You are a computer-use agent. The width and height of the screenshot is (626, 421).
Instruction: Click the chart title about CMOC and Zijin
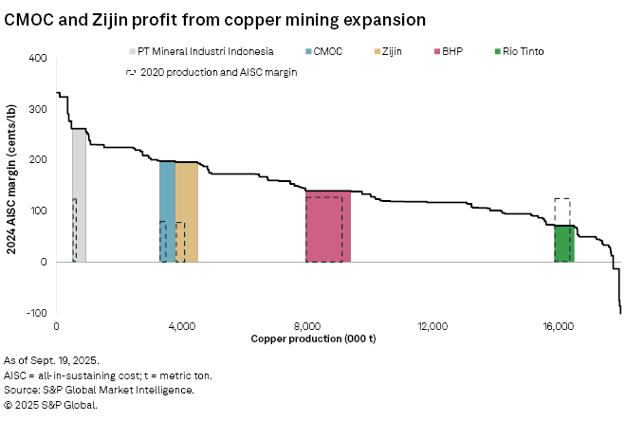coord(214,19)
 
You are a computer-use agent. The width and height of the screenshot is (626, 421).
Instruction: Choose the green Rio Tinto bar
coord(564,244)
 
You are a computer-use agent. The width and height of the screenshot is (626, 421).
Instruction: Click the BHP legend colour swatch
coord(436,51)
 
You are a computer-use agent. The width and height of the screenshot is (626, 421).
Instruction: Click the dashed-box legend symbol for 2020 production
coord(130,72)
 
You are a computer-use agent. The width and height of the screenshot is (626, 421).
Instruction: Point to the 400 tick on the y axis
coord(39,59)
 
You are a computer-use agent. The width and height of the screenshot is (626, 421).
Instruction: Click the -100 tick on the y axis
coord(37,313)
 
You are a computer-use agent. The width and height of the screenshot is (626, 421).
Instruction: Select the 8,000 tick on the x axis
coord(307,326)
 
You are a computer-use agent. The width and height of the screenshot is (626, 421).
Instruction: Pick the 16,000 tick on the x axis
coord(558,326)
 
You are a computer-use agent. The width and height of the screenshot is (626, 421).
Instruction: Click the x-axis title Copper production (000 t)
coord(313,339)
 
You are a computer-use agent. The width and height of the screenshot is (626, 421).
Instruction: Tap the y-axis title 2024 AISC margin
coord(12,185)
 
